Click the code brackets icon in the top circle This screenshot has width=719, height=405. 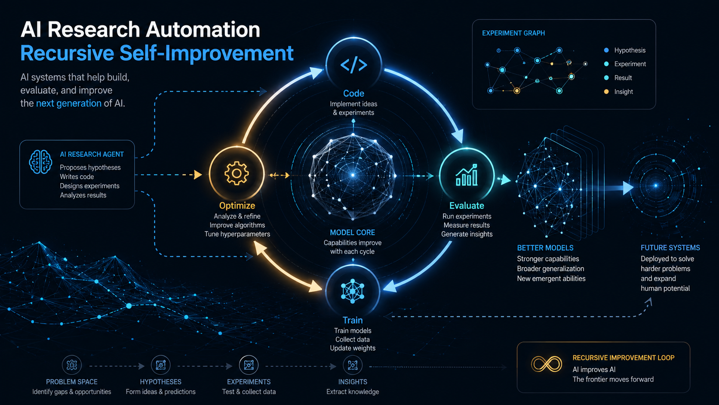point(354,65)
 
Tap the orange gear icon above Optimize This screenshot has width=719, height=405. point(237,173)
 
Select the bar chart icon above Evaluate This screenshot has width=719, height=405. point(467,175)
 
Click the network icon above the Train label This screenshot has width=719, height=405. point(353,291)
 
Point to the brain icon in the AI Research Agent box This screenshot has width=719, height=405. point(40,162)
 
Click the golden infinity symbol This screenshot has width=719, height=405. point(546,364)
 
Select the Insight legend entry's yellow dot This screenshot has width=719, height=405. point(606,92)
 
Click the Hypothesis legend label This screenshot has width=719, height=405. point(630,50)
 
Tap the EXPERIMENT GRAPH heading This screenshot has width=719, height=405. point(513,33)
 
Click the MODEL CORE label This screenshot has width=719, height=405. point(353,232)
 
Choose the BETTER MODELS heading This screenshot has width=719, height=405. point(545,248)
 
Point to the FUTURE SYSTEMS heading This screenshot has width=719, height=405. point(670,247)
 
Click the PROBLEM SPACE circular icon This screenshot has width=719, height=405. point(71,365)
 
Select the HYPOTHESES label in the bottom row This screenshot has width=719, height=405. point(160,382)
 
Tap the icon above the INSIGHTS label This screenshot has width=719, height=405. point(353,365)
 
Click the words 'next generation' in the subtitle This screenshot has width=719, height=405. point(69,103)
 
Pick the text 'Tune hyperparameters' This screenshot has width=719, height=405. point(237,234)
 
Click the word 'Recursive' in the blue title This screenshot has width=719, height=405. point(68,53)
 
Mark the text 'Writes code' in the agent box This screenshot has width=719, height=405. point(77,176)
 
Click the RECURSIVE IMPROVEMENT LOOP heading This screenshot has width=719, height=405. point(624,358)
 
